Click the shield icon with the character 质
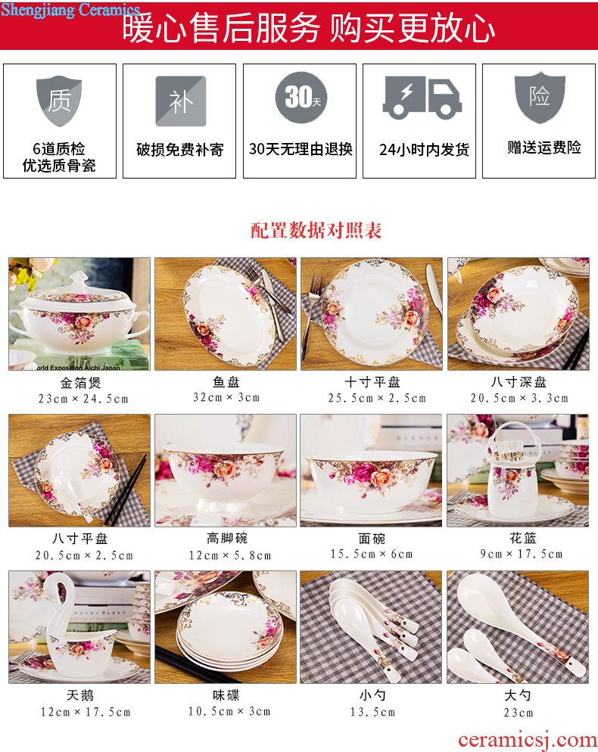click(59, 101)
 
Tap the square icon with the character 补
click(180, 101)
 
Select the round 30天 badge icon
click(301, 97)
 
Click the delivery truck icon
click(422, 98)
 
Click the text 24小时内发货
click(424, 150)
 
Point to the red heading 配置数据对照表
click(316, 230)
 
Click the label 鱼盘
click(226, 382)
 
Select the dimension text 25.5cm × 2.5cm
click(377, 398)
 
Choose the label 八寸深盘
click(519, 382)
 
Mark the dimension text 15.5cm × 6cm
click(372, 554)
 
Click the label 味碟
click(226, 695)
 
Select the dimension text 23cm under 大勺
click(519, 713)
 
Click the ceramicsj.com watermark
click(527, 740)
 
